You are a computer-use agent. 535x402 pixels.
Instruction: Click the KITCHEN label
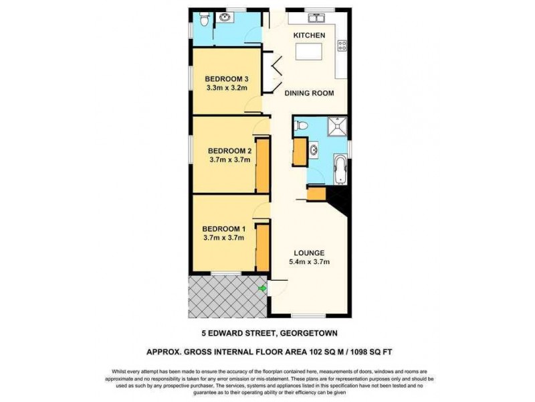[x=310, y=35]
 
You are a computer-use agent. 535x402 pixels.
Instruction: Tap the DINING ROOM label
[x=309, y=93]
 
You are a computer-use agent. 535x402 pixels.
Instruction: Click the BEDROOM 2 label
[x=229, y=150]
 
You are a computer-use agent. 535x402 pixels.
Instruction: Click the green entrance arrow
[x=262, y=288]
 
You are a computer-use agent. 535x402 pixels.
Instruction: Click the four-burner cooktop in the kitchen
[x=342, y=46]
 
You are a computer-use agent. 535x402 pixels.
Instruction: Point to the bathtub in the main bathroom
[x=340, y=168]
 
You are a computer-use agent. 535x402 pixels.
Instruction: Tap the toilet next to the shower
[x=302, y=125]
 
